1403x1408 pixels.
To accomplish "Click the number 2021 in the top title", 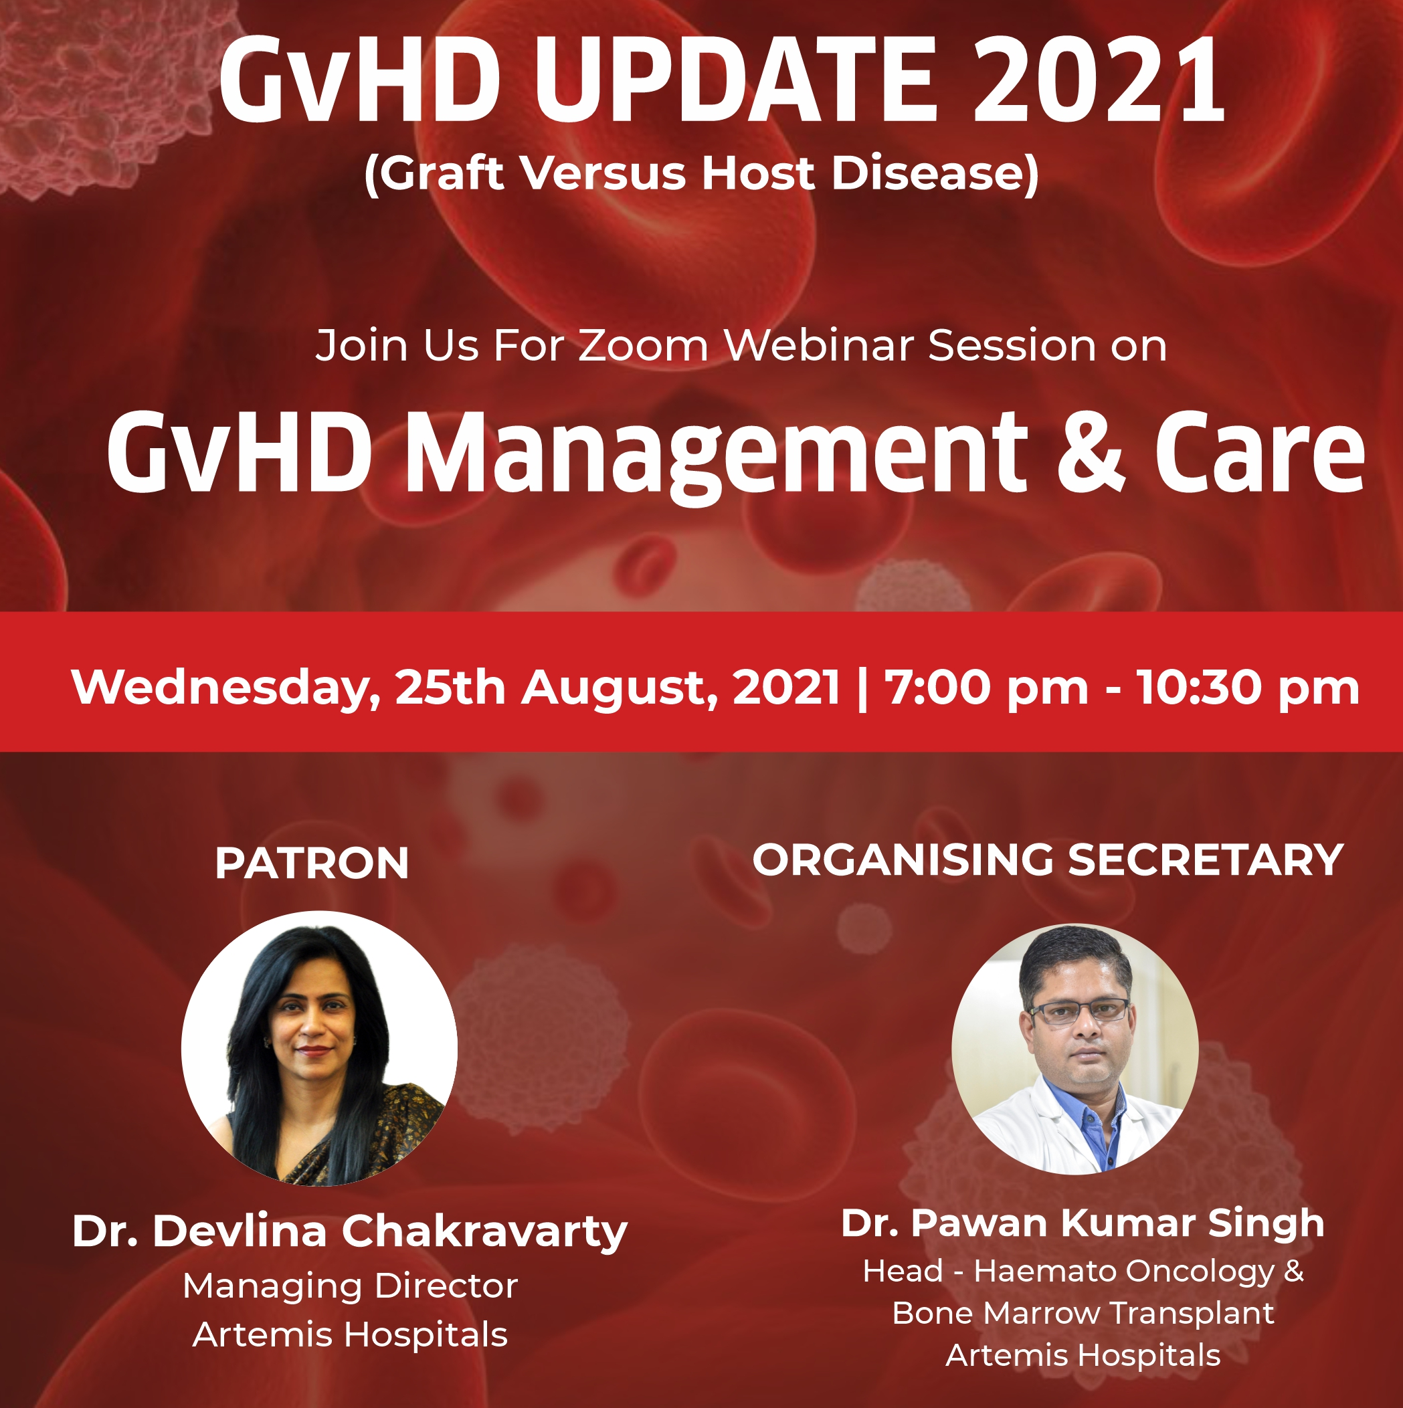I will [1099, 80].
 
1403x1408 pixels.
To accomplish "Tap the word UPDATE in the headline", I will [734, 80].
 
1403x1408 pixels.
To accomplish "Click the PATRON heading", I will [312, 864].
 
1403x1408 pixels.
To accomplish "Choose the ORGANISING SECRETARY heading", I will [1048, 860].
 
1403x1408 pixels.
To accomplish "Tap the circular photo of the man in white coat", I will [1075, 1049].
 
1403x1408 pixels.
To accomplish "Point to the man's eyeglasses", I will [1079, 1011].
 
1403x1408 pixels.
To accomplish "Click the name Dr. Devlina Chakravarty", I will [350, 1231].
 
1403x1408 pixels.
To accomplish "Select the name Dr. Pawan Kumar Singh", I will [1083, 1222].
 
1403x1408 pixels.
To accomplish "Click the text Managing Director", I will [350, 1286].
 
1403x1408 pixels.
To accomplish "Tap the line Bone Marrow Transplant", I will [1083, 1313].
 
